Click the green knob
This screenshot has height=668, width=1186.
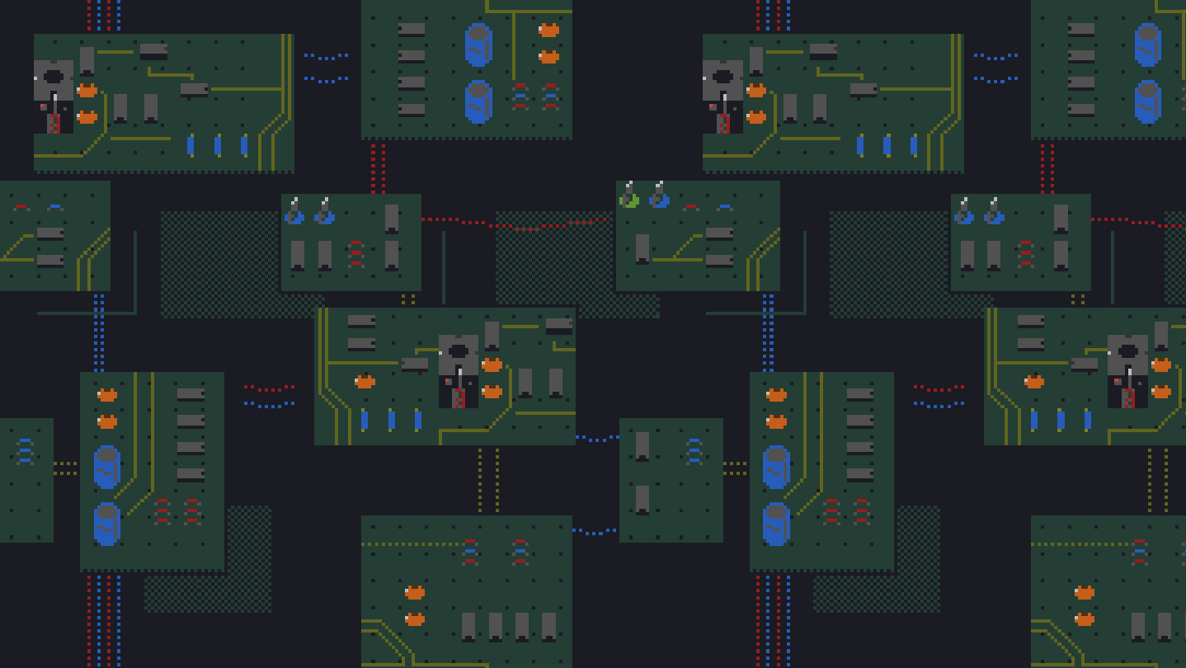[x=629, y=199]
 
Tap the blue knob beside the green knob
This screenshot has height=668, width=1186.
[x=659, y=199]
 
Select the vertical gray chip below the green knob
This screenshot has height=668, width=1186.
[x=642, y=247]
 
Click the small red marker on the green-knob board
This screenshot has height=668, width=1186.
[x=690, y=206]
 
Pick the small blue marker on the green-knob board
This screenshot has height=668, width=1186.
[x=725, y=206]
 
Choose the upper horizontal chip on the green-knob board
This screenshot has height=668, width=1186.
[x=719, y=233]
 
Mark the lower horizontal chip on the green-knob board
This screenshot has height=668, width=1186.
[x=719, y=261]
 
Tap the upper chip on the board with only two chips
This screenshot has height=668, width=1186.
[x=642, y=445]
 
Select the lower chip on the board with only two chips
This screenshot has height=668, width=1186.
[x=642, y=499]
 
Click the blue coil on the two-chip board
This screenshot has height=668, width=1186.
[x=694, y=451]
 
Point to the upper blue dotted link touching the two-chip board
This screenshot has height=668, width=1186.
[x=596, y=438]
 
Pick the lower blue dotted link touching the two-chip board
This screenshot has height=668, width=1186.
[x=595, y=532]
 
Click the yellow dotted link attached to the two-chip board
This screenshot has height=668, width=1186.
[x=735, y=468]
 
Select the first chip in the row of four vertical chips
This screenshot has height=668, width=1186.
[x=468, y=626]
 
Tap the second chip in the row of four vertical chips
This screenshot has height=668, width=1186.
[x=495, y=626]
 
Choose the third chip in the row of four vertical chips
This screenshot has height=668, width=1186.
[x=522, y=626]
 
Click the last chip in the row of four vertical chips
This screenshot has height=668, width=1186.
[x=548, y=626]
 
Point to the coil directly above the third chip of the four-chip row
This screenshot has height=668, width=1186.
[x=520, y=552]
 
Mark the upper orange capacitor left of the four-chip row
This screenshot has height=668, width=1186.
[x=415, y=592]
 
